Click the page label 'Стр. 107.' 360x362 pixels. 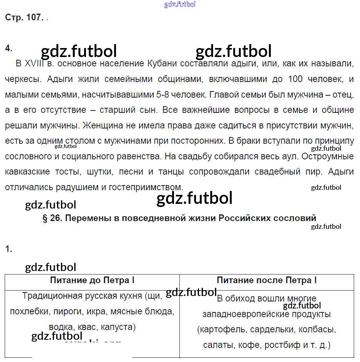point(23,18)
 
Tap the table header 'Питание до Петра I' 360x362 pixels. point(92,280)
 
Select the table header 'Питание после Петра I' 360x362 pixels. point(267,280)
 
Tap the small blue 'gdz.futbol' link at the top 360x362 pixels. point(180,5)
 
